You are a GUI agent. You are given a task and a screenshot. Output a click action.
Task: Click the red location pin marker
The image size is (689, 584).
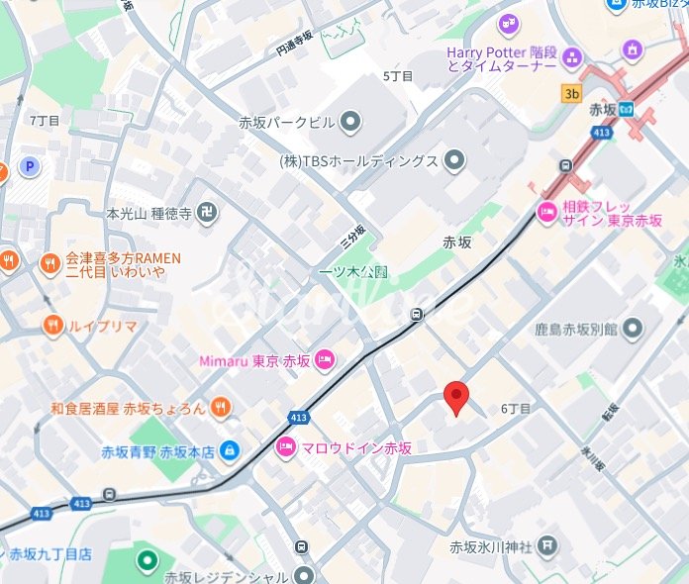(x=454, y=397)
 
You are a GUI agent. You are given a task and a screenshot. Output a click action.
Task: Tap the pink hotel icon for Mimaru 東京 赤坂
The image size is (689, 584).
(x=325, y=359)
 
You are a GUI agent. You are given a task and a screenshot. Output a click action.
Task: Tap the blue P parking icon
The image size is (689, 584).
(x=31, y=167)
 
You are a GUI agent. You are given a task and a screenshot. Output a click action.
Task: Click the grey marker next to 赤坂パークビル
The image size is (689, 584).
(x=349, y=123)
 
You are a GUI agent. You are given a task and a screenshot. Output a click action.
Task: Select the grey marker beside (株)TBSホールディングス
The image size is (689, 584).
(x=454, y=160)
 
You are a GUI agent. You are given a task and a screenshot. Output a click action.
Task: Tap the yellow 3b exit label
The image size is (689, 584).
(x=571, y=94)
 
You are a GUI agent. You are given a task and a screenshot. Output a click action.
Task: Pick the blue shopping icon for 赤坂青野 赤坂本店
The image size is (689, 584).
(x=229, y=450)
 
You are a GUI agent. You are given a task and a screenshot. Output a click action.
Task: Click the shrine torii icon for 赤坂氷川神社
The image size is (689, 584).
(x=548, y=545)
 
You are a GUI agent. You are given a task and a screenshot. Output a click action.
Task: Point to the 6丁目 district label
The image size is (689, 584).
(x=516, y=408)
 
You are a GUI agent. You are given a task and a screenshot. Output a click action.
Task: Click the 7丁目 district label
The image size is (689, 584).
(x=45, y=120)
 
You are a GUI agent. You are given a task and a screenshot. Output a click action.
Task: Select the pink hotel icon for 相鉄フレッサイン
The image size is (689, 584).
(x=546, y=211)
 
